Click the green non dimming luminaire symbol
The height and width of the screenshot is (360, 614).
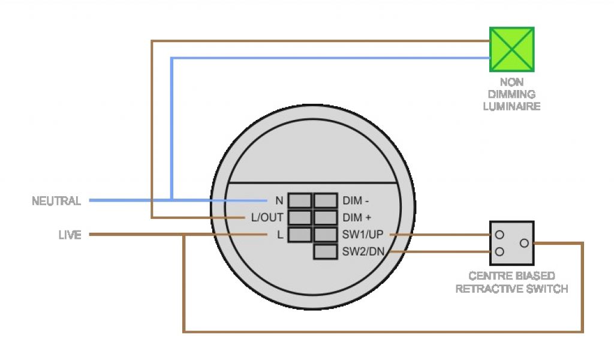(x=511, y=49)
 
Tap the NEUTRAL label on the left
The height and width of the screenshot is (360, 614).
(x=56, y=201)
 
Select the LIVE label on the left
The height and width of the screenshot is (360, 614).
(x=70, y=235)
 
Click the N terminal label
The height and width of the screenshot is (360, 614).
(x=279, y=200)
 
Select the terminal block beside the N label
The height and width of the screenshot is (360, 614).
(x=300, y=200)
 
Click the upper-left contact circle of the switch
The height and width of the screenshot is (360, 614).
(x=499, y=234)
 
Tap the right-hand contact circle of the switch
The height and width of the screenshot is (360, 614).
(x=524, y=243)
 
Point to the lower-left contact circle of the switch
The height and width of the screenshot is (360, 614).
(x=499, y=252)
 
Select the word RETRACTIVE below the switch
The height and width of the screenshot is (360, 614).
(x=482, y=289)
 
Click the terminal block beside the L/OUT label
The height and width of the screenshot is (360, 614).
(x=300, y=217)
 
